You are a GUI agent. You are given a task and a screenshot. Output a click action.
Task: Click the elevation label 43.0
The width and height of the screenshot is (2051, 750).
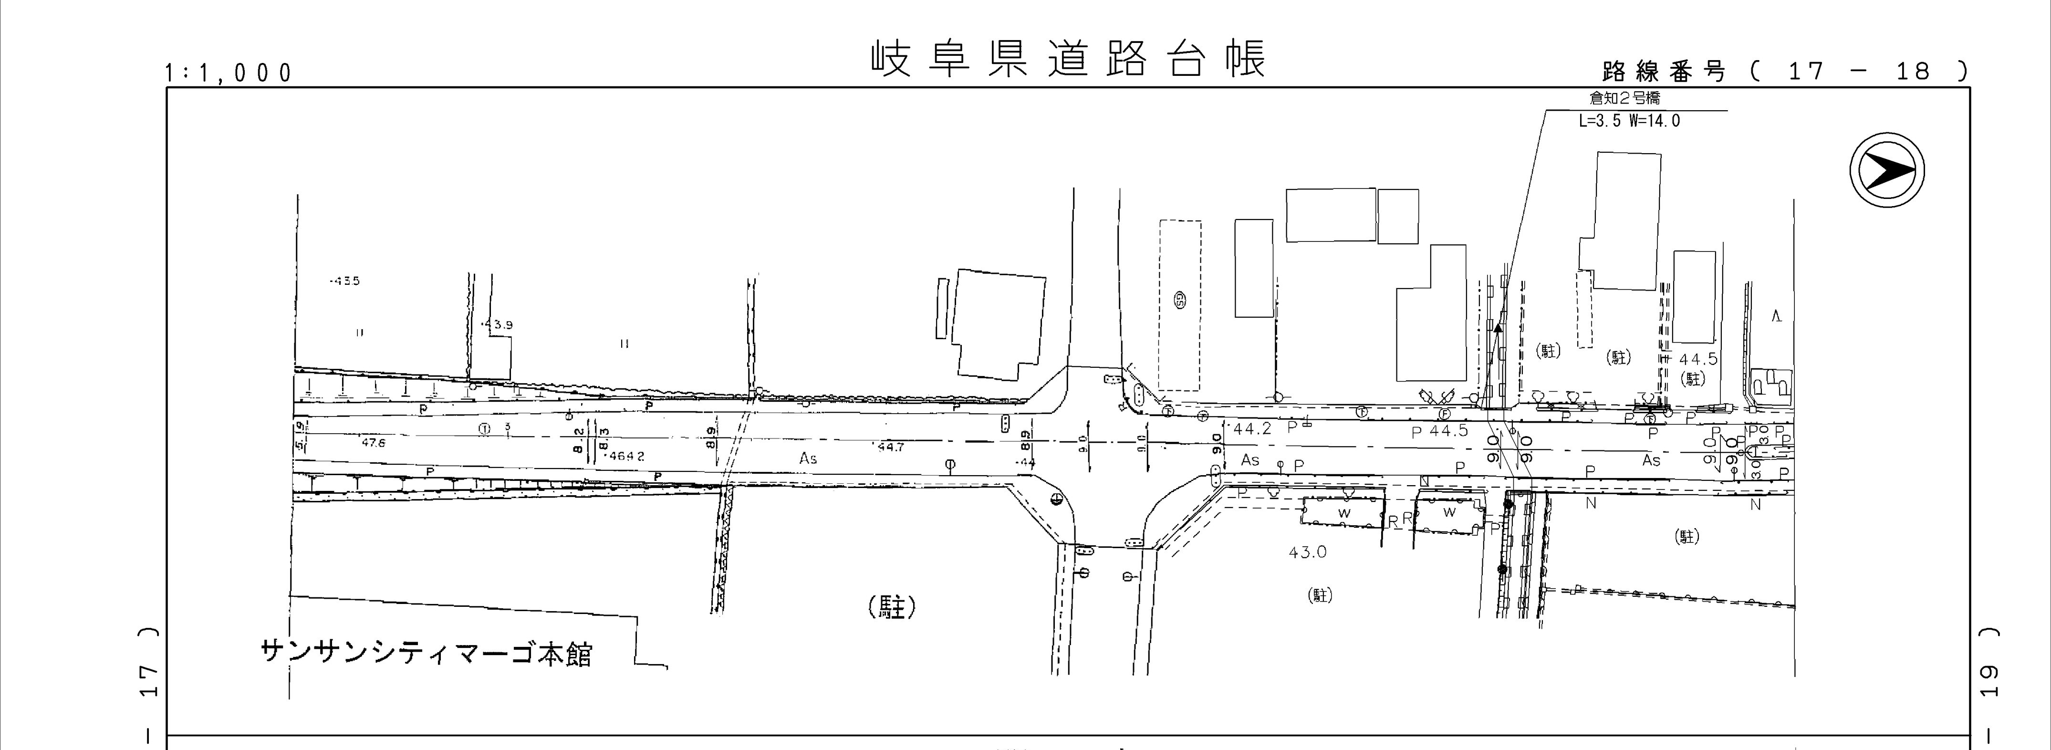point(1307,552)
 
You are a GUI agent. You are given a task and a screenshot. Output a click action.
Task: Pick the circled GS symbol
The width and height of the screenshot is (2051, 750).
point(1179,300)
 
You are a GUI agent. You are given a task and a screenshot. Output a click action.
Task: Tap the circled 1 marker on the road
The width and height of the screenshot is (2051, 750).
point(484,428)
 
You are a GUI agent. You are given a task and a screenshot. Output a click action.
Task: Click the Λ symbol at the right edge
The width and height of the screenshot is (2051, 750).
point(1776,317)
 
